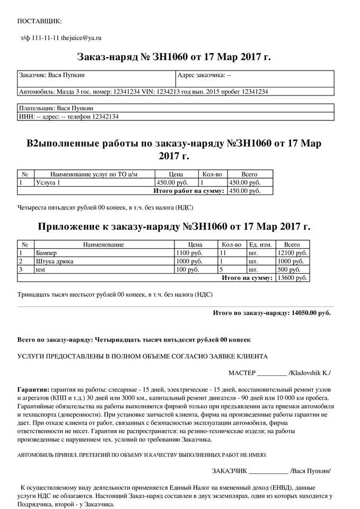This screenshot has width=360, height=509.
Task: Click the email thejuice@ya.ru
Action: (81, 38)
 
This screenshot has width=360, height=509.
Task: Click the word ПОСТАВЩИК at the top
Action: (40, 21)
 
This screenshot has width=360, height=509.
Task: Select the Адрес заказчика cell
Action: (204, 76)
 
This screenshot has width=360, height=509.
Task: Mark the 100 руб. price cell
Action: (189, 269)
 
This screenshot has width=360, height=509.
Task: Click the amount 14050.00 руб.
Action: (311, 313)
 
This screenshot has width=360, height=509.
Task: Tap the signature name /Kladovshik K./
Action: (310, 372)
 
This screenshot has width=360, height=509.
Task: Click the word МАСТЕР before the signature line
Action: (242, 372)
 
